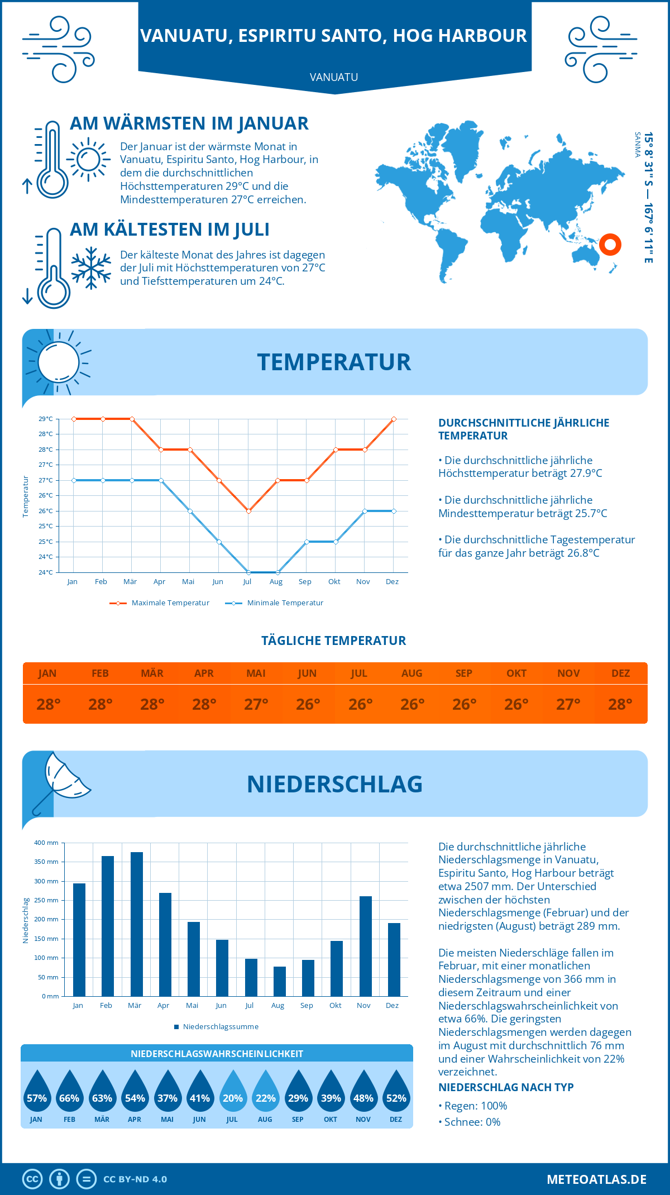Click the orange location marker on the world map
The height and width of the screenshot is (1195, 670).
[x=610, y=245]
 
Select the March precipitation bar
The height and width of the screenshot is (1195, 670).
[x=136, y=924]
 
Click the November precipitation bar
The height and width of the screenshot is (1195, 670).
[x=365, y=946]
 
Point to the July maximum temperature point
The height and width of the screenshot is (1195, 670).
[x=248, y=511]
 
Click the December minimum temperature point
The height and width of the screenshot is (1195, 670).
[x=394, y=511]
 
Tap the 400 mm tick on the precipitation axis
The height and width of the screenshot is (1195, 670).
[x=47, y=843]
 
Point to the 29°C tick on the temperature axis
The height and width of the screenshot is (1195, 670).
[x=46, y=419]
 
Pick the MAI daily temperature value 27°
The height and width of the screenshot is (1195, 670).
[x=256, y=704]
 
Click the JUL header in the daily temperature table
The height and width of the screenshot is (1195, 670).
[x=359, y=673]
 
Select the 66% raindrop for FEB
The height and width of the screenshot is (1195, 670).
[x=69, y=1091]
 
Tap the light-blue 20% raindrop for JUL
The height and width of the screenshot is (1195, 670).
[x=232, y=1091]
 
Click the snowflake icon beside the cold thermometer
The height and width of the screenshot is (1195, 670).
[x=91, y=268]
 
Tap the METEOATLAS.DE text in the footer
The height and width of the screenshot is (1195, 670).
[x=596, y=1179]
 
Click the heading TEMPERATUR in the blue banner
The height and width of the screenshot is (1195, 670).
[x=334, y=362]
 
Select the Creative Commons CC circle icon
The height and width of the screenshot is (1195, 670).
[x=32, y=1179]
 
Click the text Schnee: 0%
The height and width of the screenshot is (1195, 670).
[x=472, y=1122]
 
